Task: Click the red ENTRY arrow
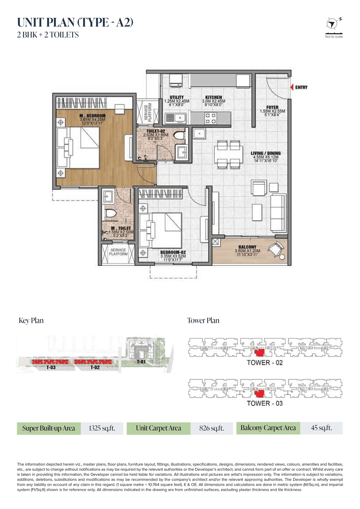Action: click(292, 87)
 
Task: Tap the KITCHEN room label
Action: click(213, 97)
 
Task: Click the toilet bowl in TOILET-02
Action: click(179, 136)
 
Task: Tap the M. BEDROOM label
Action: click(93, 116)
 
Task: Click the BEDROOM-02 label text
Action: click(173, 252)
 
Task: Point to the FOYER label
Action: click(272, 107)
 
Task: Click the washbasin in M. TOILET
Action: click(108, 196)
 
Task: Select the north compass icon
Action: click(332, 24)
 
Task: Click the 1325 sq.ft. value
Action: click(102, 428)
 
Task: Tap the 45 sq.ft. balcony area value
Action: click(321, 428)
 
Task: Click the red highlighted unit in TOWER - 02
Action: click(259, 353)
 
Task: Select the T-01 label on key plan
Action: click(141, 362)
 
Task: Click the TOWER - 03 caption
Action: click(265, 403)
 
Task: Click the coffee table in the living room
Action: click(257, 212)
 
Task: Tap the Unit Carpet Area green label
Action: click(158, 428)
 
